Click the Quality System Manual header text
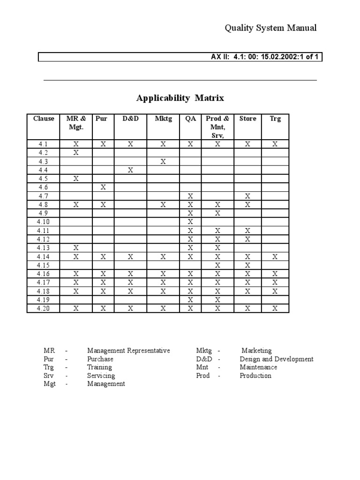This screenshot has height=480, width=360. tap(270, 28)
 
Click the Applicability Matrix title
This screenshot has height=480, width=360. tap(180, 98)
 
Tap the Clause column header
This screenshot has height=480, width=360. tap(44, 119)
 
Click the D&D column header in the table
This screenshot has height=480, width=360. tap(131, 119)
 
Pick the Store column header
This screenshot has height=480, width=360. tap(247, 119)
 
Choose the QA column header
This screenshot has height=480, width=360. tap(190, 119)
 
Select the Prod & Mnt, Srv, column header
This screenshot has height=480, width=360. tap(217, 127)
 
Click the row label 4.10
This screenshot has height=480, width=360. tap(44, 222)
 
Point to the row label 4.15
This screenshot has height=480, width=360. tap(44, 265)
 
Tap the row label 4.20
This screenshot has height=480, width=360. tap(44, 308)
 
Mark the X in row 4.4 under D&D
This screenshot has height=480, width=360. tap(131, 170)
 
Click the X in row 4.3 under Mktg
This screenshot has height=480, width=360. tap(163, 161)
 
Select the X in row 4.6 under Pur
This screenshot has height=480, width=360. tap(103, 187)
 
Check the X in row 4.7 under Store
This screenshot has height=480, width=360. tap(247, 196)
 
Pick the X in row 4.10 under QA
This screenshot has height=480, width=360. tap(190, 222)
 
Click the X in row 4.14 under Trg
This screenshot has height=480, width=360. tap(275, 256)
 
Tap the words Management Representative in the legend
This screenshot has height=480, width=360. tap(128, 351)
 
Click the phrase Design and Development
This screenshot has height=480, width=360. tap(277, 359)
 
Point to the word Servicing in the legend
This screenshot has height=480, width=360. tap(101, 375)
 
